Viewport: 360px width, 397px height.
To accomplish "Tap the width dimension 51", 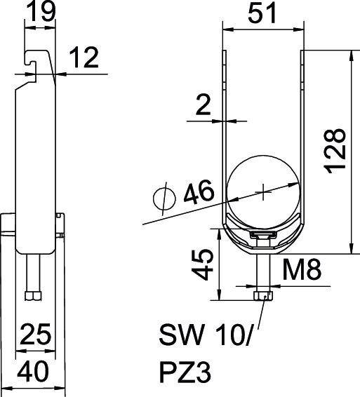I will (262, 13).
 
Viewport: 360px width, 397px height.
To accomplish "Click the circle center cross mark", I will (263, 189).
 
